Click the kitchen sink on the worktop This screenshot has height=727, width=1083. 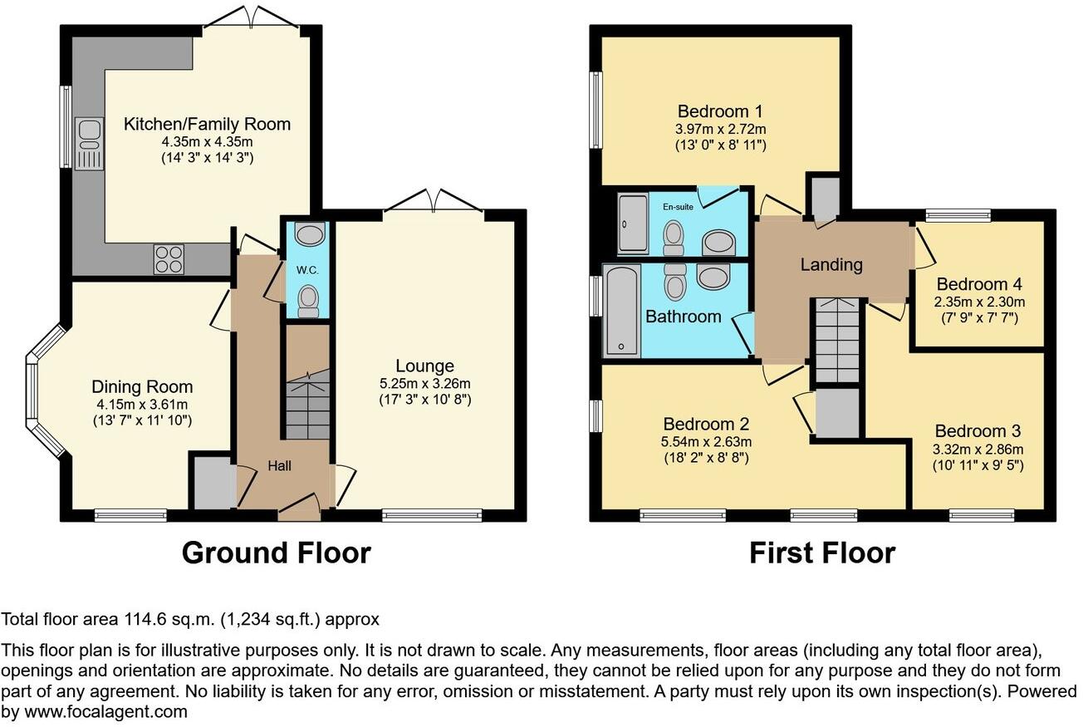coord(88,144)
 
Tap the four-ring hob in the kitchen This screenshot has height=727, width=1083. coord(168,259)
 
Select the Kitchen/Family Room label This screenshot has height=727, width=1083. coord(207,125)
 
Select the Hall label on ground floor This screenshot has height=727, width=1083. coord(279,467)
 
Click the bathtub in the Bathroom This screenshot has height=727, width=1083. coord(620,310)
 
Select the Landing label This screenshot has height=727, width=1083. coord(831,265)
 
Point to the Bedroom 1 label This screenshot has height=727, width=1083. coord(720,111)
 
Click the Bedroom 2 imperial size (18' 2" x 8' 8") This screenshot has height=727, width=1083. coord(707,457)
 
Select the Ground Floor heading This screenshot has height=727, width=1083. coord(276,553)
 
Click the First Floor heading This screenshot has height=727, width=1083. coord(822,553)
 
